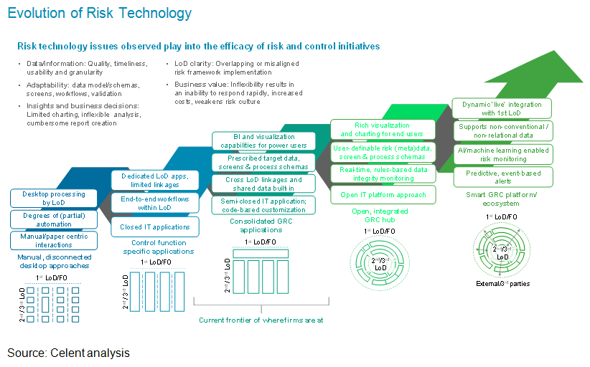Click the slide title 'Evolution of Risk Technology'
100,13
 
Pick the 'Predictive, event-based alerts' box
502,177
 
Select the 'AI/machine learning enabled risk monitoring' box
502,154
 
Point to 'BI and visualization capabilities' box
263,140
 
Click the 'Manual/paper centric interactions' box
54,240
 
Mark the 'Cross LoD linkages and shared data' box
263,183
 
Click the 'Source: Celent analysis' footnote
69,353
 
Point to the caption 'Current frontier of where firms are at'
261,320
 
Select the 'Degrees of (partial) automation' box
54,219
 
